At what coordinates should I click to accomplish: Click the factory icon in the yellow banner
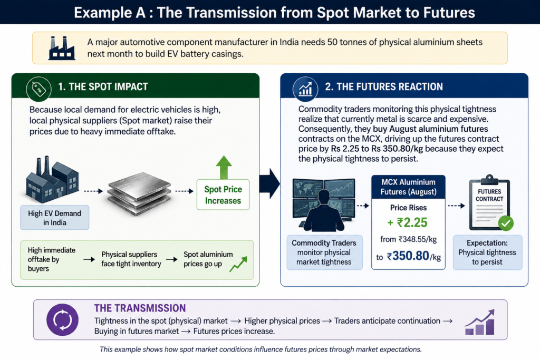coord(62,48)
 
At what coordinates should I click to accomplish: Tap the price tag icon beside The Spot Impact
coord(38,89)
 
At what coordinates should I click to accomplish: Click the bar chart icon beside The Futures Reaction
coord(305,89)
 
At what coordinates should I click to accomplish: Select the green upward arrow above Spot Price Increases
coord(224,167)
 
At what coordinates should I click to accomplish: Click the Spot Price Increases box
coord(223,195)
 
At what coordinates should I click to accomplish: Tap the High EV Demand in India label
coord(55,218)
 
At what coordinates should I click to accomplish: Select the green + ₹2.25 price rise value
coord(408,222)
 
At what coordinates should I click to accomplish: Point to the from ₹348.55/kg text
coord(409,239)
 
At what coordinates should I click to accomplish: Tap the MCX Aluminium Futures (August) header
coord(409,187)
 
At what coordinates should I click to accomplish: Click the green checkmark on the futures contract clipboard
coord(506,223)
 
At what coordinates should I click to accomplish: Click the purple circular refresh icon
coord(62,320)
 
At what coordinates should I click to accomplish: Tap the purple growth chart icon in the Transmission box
coord(480,322)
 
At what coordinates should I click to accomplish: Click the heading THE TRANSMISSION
coord(140,308)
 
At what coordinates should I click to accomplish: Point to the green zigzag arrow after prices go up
coord(238,264)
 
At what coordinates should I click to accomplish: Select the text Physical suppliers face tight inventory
coord(131,259)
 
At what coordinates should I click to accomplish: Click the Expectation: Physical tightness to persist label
coord(487,252)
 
